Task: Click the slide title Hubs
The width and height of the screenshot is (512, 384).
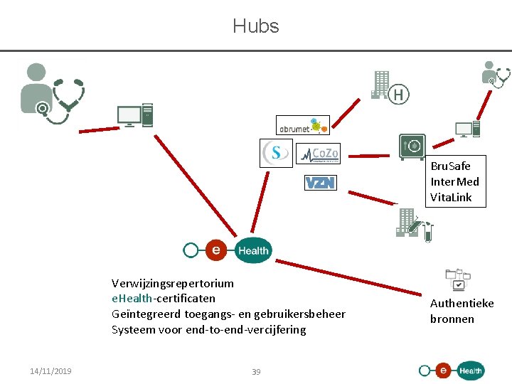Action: coord(255,26)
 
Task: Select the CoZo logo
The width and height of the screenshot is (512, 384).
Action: coord(319,154)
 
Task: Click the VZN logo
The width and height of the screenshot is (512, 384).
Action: coord(320,183)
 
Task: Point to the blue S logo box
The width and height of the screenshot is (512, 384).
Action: coord(276,154)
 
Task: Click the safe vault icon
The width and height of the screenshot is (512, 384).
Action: coord(412,147)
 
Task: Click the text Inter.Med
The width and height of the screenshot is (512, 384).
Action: coord(454,181)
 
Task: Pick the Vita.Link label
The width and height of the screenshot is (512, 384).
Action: coord(451,197)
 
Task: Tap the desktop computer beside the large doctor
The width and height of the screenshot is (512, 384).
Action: coord(134,115)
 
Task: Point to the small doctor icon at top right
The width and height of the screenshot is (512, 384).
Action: coord(495,75)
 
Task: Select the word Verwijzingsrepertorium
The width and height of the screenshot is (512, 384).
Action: coord(172,282)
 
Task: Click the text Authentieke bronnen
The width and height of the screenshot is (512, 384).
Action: coord(462,311)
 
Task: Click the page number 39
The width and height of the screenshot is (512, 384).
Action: coord(256,372)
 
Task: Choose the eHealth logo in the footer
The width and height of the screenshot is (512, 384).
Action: coord(452,370)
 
